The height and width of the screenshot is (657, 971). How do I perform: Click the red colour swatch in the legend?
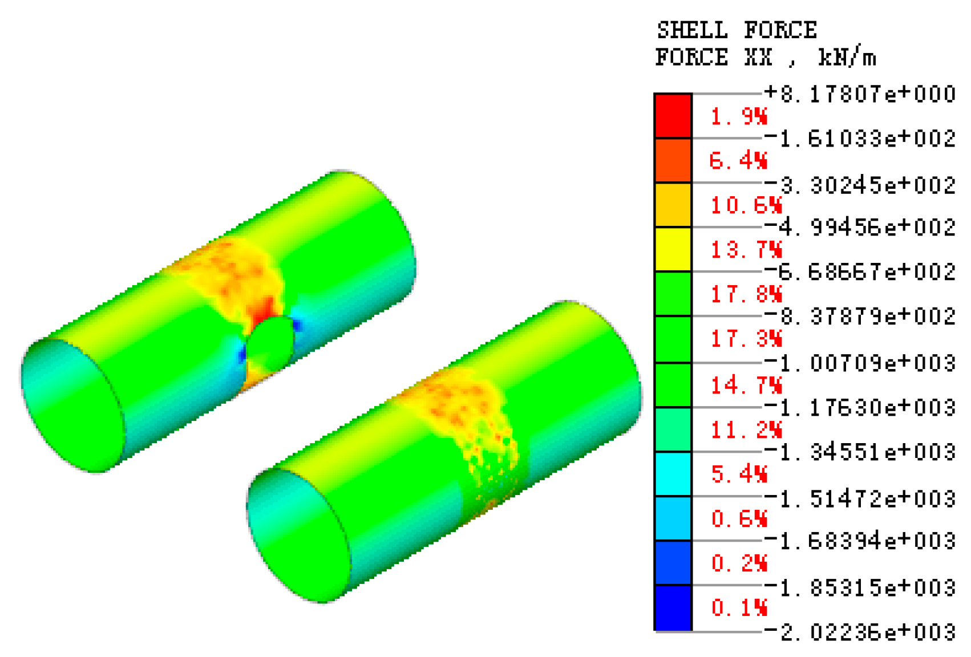[x=673, y=116]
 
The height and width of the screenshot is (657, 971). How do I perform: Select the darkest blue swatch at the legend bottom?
[x=673, y=608]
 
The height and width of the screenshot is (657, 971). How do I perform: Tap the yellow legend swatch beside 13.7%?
[x=673, y=250]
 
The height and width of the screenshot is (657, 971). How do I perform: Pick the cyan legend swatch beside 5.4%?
[x=673, y=474]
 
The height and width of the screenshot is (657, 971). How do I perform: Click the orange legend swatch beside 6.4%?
[x=673, y=160]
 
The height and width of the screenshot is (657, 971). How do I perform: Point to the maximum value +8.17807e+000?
[x=860, y=94]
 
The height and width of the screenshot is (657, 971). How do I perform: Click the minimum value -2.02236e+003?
[x=860, y=632]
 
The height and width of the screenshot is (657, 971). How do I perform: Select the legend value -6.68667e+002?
[x=860, y=271]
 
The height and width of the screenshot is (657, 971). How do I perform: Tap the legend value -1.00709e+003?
[x=860, y=363]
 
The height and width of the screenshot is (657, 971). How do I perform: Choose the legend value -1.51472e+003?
[x=860, y=498]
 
